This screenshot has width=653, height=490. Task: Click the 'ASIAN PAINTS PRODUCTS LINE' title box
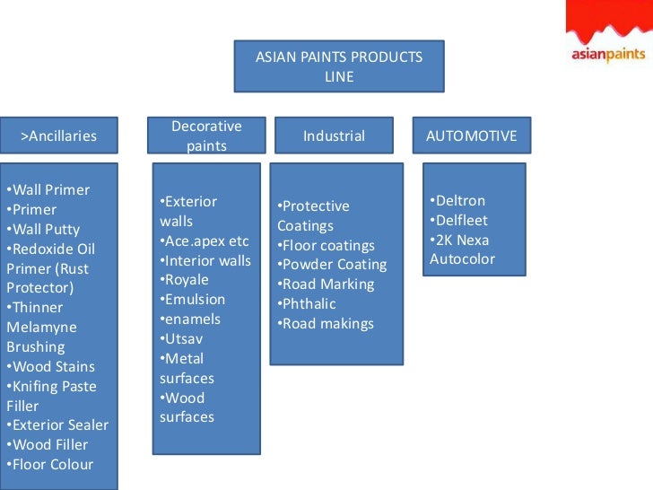[x=339, y=66]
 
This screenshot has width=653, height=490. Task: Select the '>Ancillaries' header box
[x=58, y=136]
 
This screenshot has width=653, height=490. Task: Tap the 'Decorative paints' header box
[x=207, y=136]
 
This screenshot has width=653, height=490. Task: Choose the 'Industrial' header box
[x=334, y=136]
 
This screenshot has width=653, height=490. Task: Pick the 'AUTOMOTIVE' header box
[x=471, y=136]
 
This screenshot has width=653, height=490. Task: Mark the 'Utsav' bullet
[x=186, y=339]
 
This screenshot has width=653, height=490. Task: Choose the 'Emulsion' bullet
[x=195, y=300]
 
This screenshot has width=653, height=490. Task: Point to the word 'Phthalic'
[x=309, y=304]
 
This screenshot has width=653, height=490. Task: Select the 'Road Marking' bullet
[x=329, y=284]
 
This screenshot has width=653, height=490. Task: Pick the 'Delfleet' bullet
[x=461, y=221]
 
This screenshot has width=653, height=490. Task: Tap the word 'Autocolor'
[x=462, y=260]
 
